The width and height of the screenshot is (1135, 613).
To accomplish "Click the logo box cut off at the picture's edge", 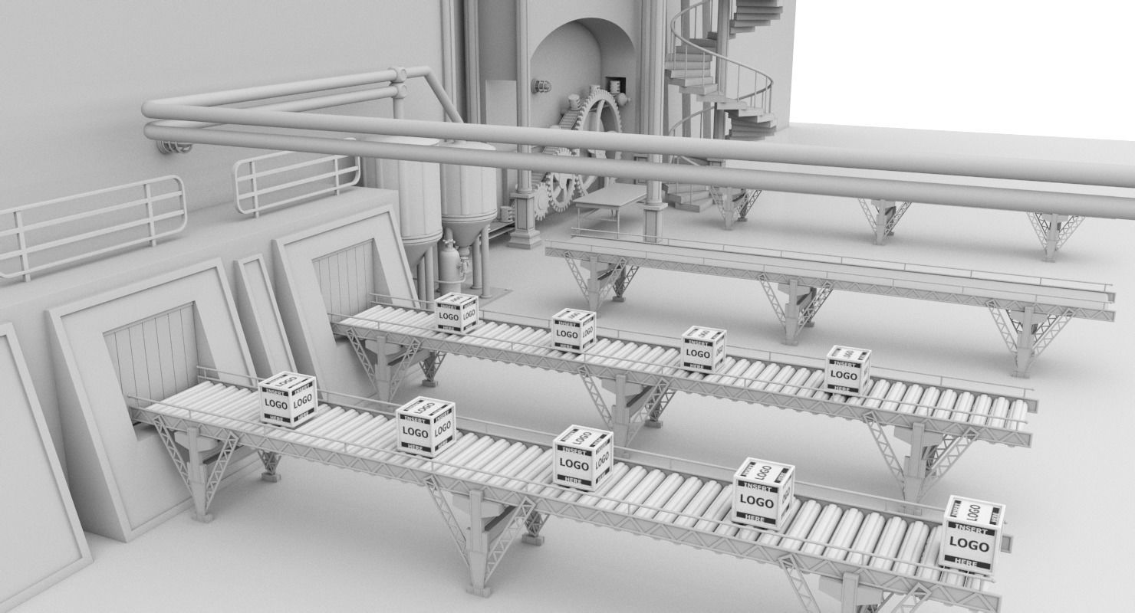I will click(971, 536).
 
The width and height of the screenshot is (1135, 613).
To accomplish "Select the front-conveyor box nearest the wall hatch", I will click(287, 399).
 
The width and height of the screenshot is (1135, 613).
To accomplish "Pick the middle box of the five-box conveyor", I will click(583, 458).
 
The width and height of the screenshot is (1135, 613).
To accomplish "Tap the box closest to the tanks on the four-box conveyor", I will click(457, 313).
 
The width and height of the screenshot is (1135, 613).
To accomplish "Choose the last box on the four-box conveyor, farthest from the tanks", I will click(847, 370).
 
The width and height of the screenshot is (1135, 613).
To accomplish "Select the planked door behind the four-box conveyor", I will click(344, 277).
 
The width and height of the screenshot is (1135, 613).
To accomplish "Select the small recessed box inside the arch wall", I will click(614, 83).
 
